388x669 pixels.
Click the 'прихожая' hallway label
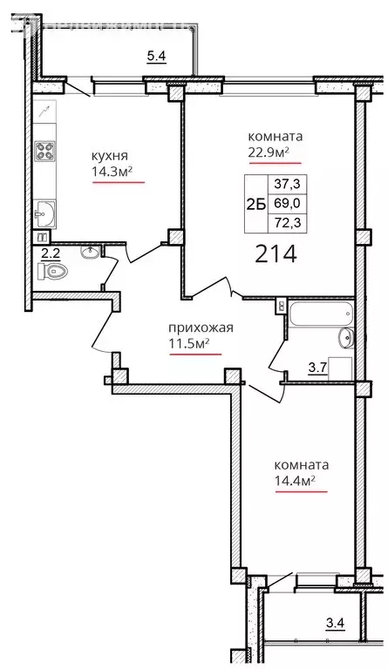[201, 328]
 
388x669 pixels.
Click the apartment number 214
[276, 254]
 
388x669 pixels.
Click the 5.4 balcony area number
[156, 57]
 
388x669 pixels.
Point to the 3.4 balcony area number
[335, 622]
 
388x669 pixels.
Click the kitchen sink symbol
[44, 210]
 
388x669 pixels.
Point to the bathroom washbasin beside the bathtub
[344, 337]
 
